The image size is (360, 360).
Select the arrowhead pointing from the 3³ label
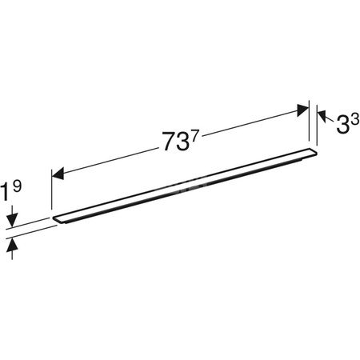tap(322, 115)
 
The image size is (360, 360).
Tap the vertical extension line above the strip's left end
tap(52, 192)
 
